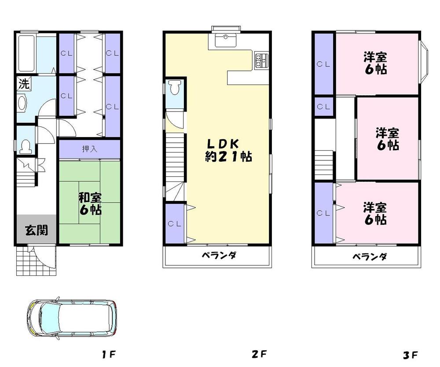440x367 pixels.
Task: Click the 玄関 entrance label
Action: (36, 230)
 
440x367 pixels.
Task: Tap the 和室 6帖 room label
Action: (90, 203)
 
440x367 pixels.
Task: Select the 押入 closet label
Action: (90, 149)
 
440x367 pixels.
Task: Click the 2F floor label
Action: (260, 354)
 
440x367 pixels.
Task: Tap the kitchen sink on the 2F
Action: (226, 40)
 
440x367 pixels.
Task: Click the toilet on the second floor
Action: (175, 88)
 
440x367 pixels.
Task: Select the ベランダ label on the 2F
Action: (220, 256)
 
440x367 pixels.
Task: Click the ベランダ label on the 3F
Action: (369, 256)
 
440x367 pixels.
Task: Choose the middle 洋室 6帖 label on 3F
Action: (387, 139)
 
